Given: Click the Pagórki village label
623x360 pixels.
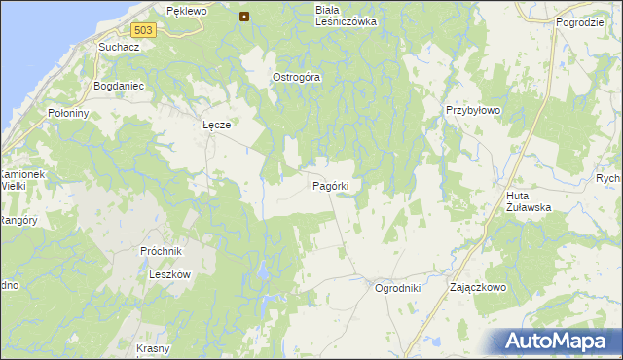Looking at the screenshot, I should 337,185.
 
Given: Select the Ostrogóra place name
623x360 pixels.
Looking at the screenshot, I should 296,77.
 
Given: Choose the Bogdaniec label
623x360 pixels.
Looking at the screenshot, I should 118,86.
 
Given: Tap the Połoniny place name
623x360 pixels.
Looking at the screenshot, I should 68,113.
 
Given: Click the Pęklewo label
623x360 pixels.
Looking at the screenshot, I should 187,11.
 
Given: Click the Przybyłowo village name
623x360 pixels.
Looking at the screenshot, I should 473,110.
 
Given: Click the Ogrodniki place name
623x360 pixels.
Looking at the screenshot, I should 397,288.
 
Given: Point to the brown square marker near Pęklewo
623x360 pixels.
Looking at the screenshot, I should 244,16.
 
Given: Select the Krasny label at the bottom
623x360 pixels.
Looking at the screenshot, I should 153,348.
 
